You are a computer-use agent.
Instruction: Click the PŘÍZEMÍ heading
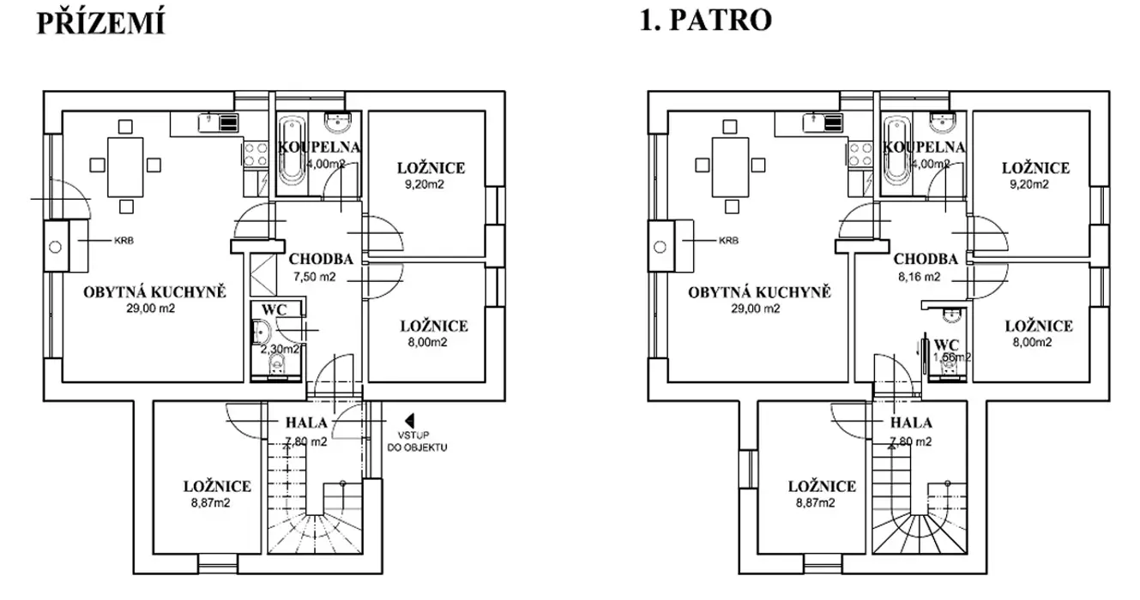pyautogui.click(x=100, y=24)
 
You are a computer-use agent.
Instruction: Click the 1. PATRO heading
pyautogui.click(x=705, y=20)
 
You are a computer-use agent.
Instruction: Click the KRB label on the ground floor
pyautogui.click(x=124, y=242)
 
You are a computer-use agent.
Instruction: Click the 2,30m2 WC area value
pyautogui.click(x=280, y=349)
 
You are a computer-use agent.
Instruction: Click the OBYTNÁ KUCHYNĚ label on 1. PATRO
pyautogui.click(x=759, y=292)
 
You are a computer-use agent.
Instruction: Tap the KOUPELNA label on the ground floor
pyautogui.click(x=319, y=147)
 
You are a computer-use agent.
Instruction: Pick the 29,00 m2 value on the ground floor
pyautogui.click(x=154, y=309)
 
